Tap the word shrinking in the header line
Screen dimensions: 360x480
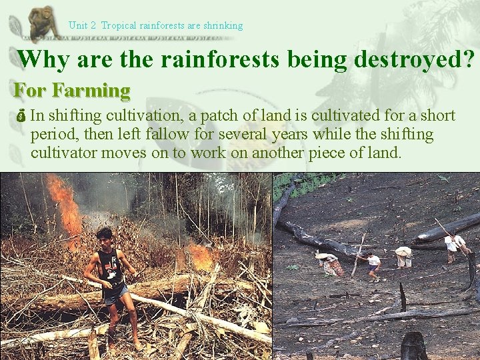pos(223,26)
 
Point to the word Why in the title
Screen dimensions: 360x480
pos(43,59)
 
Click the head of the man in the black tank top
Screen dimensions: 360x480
pos(103,235)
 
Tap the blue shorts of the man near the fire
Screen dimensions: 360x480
pos(115,293)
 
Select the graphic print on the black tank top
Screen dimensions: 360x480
pos(111,265)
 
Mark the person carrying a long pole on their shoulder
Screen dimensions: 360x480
pos(456,245)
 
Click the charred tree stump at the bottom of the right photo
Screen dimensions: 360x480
pos(413,346)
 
